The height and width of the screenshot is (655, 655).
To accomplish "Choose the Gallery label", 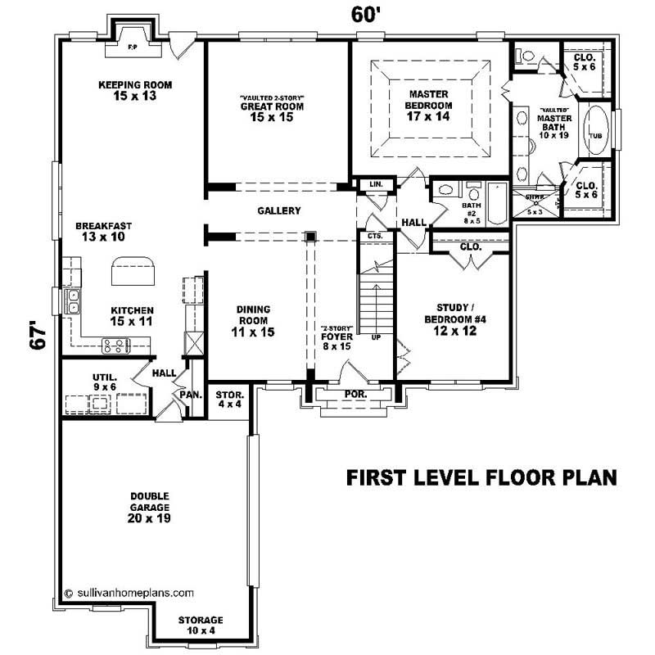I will point(278,210).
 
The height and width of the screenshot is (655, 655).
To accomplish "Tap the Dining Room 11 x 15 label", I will point(254,320).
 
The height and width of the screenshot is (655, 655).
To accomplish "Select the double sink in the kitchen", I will point(73,301).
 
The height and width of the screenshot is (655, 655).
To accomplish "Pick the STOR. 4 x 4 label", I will point(229,400).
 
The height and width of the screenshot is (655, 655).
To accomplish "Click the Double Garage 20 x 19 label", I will point(148,507).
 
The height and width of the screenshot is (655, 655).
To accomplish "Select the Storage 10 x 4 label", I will point(201,625).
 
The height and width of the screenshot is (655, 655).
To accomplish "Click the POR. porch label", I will point(355,394).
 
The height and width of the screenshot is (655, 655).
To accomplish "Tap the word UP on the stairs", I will point(376,337).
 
